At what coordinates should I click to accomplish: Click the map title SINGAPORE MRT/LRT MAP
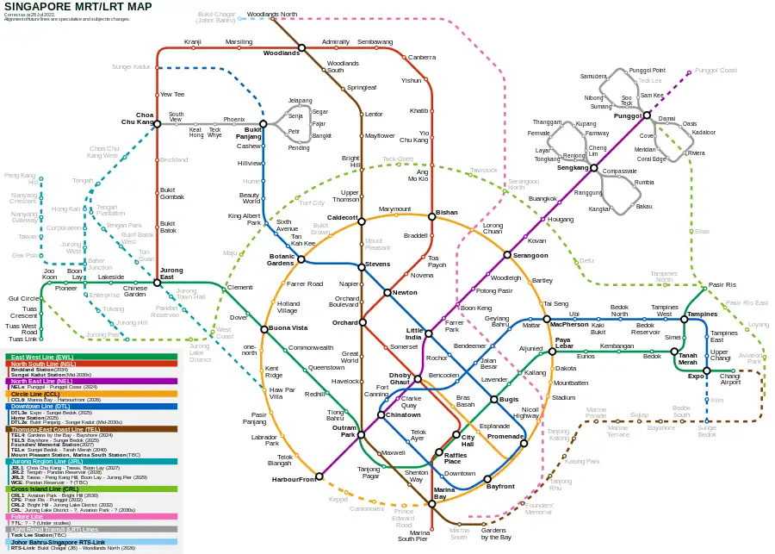(x=78, y=7)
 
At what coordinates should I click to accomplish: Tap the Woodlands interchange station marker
(x=302, y=48)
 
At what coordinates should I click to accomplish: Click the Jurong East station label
(x=171, y=274)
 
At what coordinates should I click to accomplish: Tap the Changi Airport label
(x=729, y=380)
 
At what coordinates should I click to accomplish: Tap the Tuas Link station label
(x=22, y=339)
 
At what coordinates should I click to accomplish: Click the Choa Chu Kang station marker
(x=157, y=122)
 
